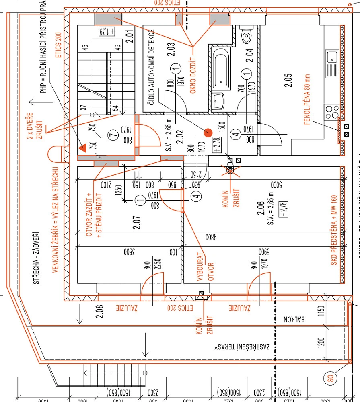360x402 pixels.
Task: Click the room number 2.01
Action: (129, 37)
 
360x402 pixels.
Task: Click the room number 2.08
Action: (100, 311)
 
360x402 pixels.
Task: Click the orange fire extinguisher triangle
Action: (83, 147)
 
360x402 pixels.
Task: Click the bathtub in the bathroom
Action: (222, 70)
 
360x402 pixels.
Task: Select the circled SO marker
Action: (330, 378)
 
